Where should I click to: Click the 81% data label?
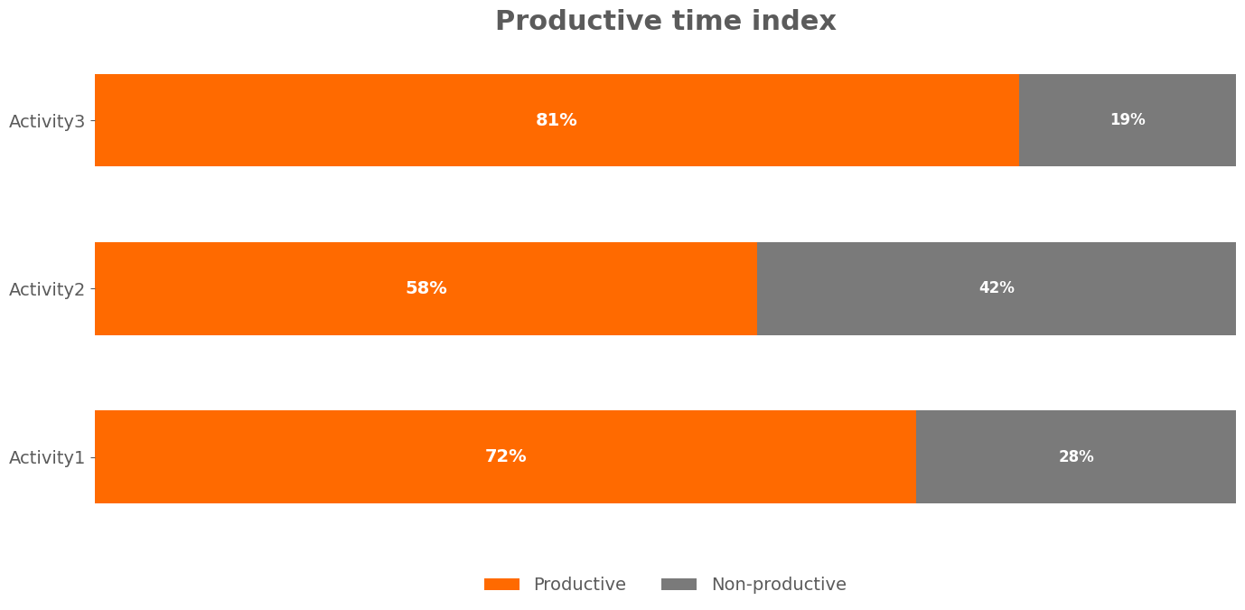[x=557, y=120]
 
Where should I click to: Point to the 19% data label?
[x=1128, y=120]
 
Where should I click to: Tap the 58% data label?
[x=426, y=288]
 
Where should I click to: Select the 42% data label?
[x=997, y=288]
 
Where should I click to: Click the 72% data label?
[x=505, y=456]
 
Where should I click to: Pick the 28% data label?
[x=1076, y=456]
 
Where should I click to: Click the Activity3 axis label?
[x=47, y=121]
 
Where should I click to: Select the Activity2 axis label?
[x=47, y=289]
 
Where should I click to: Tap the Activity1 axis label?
[x=47, y=457]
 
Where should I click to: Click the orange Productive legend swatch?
[x=501, y=585]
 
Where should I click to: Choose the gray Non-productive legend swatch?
[x=679, y=585]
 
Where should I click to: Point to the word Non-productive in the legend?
[x=779, y=585]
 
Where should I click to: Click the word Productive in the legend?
[x=579, y=585]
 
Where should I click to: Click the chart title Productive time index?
[x=665, y=22]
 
